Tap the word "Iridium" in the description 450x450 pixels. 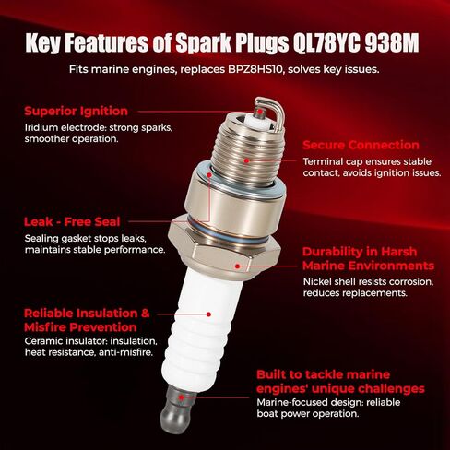pos(42,127)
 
